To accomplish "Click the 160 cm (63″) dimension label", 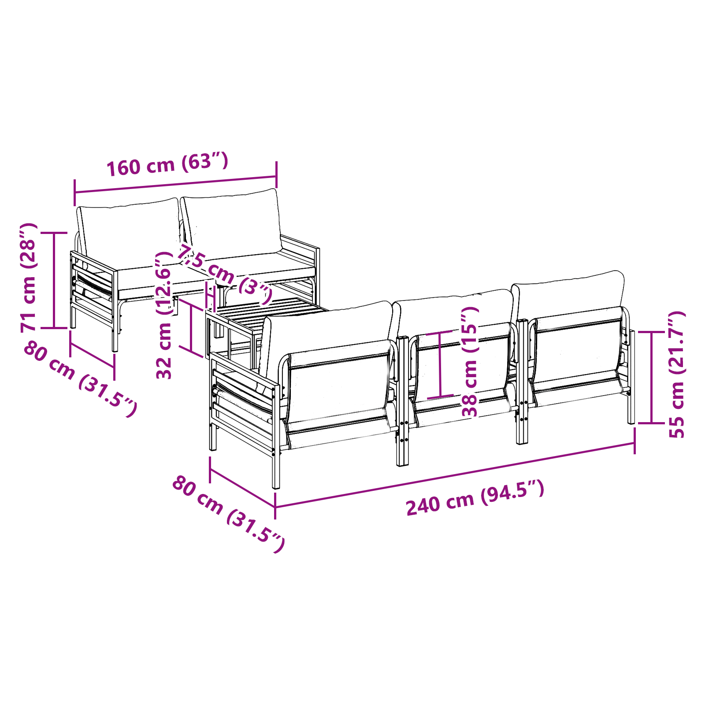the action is click(x=167, y=164).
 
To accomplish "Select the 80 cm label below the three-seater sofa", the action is click(x=228, y=514).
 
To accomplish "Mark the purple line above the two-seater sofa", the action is click(x=176, y=185).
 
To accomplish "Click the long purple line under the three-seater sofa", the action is click(x=455, y=475).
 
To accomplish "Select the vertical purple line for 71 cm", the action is click(x=54, y=280).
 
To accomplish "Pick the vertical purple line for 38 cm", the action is click(x=440, y=364).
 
